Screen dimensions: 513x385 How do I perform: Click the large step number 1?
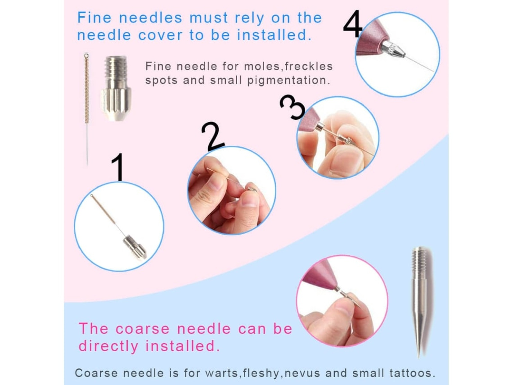118,167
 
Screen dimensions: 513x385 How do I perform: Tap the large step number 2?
212,136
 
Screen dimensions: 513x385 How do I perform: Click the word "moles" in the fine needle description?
262,66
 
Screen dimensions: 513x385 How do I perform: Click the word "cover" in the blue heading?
160,35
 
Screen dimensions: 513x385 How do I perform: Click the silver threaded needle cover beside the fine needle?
116,88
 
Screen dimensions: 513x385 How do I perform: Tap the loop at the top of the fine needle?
86,56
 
